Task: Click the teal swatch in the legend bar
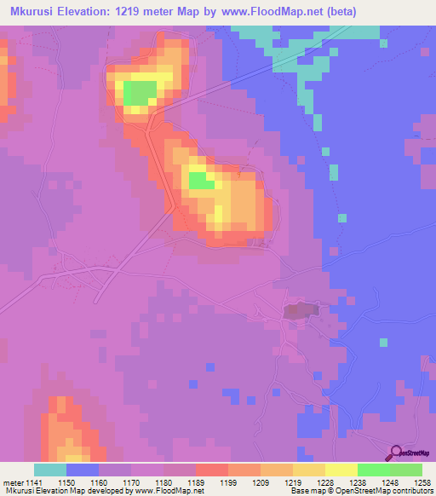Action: click(x=50, y=470)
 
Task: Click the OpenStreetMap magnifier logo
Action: click(x=395, y=453)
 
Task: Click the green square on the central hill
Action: click(x=200, y=181)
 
